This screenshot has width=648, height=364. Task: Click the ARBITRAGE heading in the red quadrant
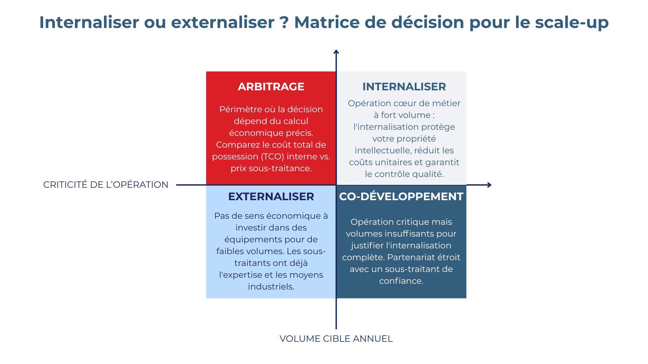tap(271, 87)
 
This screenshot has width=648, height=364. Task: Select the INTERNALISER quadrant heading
tap(404, 87)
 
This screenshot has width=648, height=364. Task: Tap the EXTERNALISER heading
tap(271, 196)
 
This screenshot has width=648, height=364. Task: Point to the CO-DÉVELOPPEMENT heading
tap(401, 196)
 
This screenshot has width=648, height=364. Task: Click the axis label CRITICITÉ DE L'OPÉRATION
tap(106, 185)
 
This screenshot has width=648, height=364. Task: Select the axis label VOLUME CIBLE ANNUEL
tap(336, 339)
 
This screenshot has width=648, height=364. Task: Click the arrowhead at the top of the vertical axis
tap(336, 52)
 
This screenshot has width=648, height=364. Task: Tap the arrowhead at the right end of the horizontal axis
tap(489, 185)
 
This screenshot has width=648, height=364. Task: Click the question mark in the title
tap(284, 22)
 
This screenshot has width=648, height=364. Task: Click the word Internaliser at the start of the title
tap(89, 22)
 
